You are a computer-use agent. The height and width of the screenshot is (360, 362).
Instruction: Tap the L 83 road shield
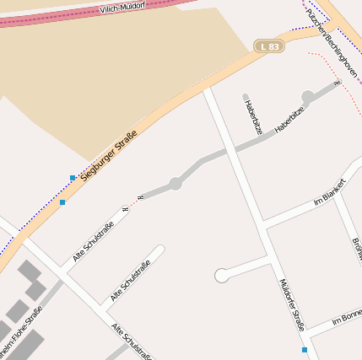click(x=269, y=46)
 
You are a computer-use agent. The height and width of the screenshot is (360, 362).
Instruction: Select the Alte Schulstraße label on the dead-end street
click(x=130, y=282)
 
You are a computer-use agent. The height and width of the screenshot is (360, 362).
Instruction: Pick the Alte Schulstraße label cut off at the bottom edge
click(x=132, y=341)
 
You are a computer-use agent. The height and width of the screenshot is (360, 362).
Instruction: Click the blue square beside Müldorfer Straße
click(x=305, y=349)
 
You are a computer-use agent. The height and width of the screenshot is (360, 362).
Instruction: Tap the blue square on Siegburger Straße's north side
click(x=73, y=177)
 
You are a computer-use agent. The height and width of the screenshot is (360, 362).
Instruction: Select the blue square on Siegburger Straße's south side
click(x=62, y=202)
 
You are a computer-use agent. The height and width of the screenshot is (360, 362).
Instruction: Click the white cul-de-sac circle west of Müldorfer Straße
click(x=222, y=275)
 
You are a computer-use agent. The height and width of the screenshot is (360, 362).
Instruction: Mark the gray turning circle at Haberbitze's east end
click(x=308, y=97)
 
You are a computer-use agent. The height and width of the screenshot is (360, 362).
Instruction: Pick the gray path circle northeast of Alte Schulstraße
click(x=175, y=183)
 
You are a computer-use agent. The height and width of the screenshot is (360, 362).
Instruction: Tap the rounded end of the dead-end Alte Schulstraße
click(x=159, y=250)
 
